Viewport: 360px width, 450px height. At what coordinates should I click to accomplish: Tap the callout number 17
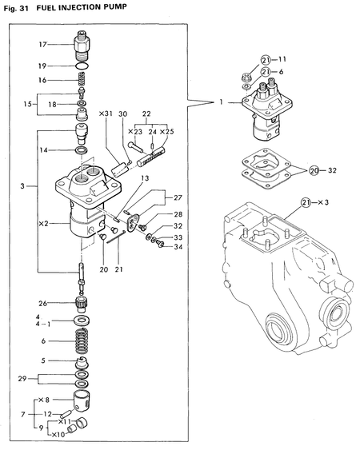[x=43, y=44]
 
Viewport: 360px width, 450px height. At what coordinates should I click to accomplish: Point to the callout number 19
[x=43, y=66]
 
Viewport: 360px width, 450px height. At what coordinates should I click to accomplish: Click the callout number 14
[x=44, y=149]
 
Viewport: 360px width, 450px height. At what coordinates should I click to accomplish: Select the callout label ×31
[x=106, y=113]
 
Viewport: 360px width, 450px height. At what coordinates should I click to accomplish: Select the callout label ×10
[x=57, y=435]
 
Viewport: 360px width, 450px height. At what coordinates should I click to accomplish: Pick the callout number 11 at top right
[x=282, y=59]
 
